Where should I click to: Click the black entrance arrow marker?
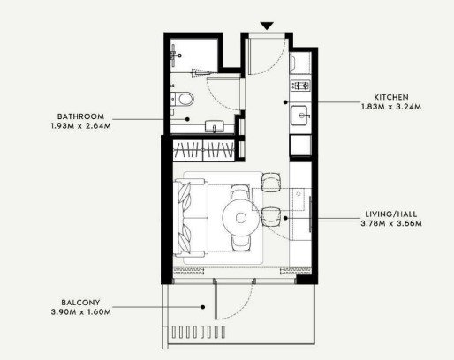pos(267,26)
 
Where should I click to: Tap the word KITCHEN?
pos(391,97)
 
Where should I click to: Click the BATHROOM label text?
pos(80,116)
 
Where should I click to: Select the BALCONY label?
pos(80,303)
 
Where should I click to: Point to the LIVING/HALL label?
pos(391,214)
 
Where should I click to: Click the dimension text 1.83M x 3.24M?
pos(391,107)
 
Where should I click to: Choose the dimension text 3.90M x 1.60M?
pos(81,311)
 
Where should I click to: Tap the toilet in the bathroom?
pos(182,99)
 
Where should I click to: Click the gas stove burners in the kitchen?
pos(300,86)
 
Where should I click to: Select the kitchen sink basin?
pos(300,116)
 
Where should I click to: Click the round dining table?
pos(241,218)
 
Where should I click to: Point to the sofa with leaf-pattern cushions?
pos(191,218)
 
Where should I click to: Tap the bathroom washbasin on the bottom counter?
pos(215,126)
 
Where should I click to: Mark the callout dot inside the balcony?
pos(203,307)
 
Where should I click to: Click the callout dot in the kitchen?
pos(285,102)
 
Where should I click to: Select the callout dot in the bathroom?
pos(187,119)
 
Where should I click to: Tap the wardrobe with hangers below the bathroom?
pos(204,150)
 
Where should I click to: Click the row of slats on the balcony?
pos(199,332)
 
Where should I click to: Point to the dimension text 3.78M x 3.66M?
pos(391,223)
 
